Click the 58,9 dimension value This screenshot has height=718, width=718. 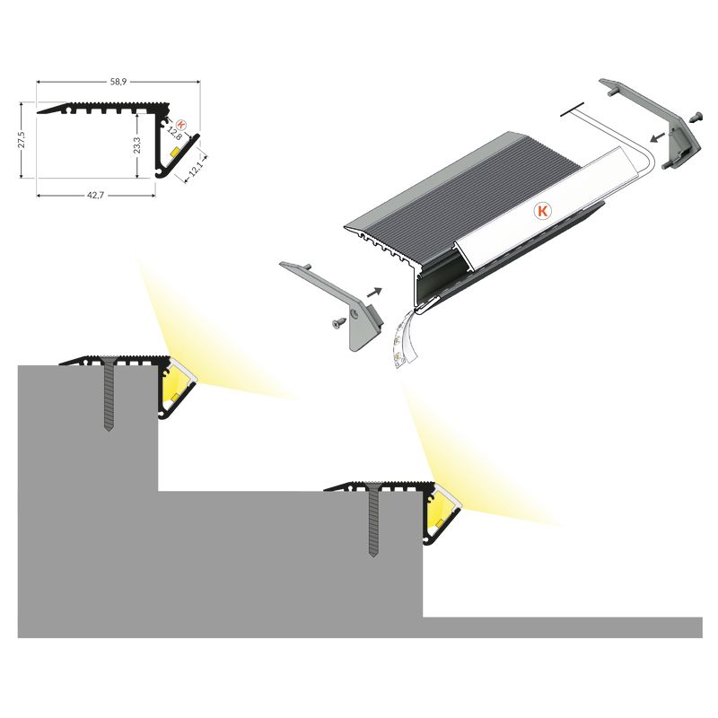point(118,82)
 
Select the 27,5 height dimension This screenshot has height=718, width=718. point(21,140)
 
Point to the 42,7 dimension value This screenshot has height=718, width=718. point(96,195)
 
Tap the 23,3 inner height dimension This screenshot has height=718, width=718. point(137,144)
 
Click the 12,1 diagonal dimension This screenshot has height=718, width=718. point(195,168)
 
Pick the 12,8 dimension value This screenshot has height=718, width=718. point(174,134)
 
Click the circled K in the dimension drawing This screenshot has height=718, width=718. point(181,124)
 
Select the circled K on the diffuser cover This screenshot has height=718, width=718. point(542,211)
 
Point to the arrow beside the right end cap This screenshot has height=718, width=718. point(659,136)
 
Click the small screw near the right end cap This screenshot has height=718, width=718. point(696,118)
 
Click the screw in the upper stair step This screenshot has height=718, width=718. point(109,393)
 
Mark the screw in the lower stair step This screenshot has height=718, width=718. point(373,520)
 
